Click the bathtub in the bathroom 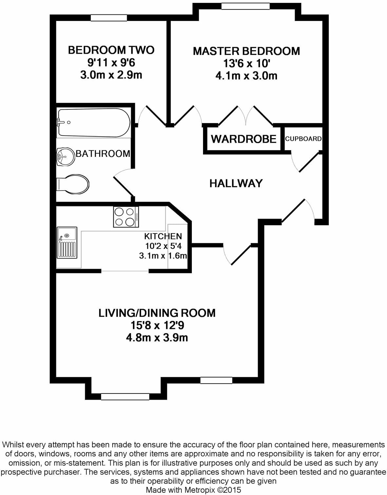(94, 122)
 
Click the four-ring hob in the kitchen (126, 217)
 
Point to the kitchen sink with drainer (67, 243)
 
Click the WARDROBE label (244, 139)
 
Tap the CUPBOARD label (304, 139)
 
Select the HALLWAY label (236, 183)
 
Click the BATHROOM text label (103, 154)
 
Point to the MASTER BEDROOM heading (247, 51)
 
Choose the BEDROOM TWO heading (111, 50)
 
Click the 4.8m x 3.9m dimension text (157, 338)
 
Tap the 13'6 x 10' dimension (246, 64)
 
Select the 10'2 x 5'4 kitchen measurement (163, 246)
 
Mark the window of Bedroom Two (109, 18)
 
